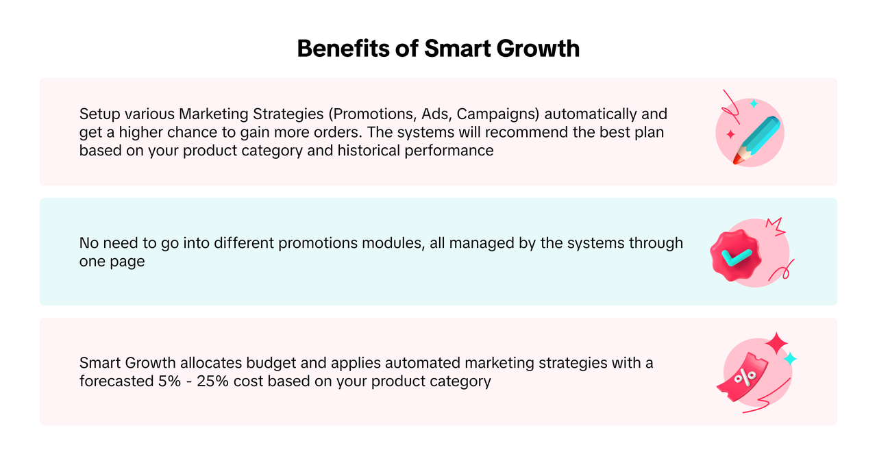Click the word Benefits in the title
point(343,49)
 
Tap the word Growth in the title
point(538,49)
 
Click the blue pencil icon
point(756,140)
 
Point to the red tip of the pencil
point(737,160)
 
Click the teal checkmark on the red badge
point(737,258)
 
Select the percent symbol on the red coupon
point(745,377)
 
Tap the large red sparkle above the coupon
point(777,344)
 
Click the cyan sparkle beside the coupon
point(790,359)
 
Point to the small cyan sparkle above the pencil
point(754,103)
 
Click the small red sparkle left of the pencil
point(730,135)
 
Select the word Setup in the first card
point(99,114)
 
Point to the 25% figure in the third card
point(212,381)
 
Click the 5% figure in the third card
point(169,381)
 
